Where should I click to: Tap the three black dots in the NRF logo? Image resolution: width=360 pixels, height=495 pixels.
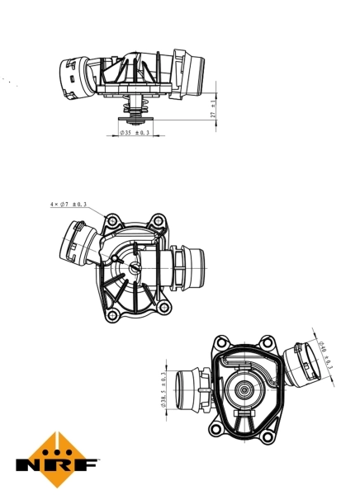(58, 449)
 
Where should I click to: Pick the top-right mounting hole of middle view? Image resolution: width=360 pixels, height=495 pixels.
(156, 220)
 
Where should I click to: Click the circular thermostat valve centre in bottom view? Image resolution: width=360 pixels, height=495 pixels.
(245, 393)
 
